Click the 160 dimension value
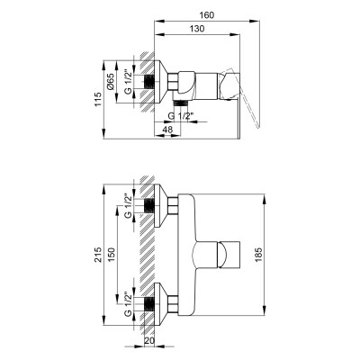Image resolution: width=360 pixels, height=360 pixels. point(207,15)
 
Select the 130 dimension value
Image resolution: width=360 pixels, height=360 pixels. point(197,29)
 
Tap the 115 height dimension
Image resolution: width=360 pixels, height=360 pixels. point(98,99)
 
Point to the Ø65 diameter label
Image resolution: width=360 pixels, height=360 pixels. point(111,82)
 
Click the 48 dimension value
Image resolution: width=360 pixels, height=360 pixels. point(167,130)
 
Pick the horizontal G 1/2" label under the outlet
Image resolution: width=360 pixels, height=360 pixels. point(182,116)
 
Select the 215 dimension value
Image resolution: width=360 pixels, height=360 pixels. point(98,255)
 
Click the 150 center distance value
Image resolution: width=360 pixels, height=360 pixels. point(111,255)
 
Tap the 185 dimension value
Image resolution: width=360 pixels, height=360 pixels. point(259,255)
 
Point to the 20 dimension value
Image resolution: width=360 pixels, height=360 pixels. point(148,342)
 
